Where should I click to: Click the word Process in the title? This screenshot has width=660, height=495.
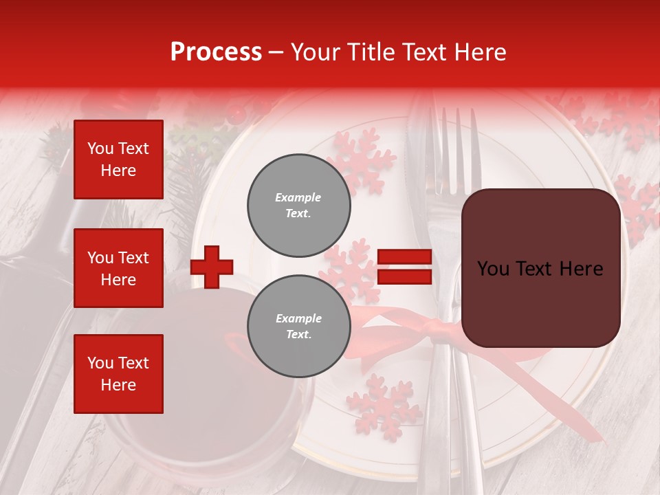pos(216,52)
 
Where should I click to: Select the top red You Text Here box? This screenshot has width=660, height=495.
pos(118,159)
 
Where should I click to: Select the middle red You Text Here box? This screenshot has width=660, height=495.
pos(118,268)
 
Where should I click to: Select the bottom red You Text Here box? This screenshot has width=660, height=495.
pos(118,374)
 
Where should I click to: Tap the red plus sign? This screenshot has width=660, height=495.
pos(212,267)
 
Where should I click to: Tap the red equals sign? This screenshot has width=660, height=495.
pos(405,267)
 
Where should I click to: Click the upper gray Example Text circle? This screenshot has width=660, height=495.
pos(298,206)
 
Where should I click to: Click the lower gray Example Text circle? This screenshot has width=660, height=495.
pos(298,327)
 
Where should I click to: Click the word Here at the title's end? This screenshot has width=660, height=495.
pos(481,52)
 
